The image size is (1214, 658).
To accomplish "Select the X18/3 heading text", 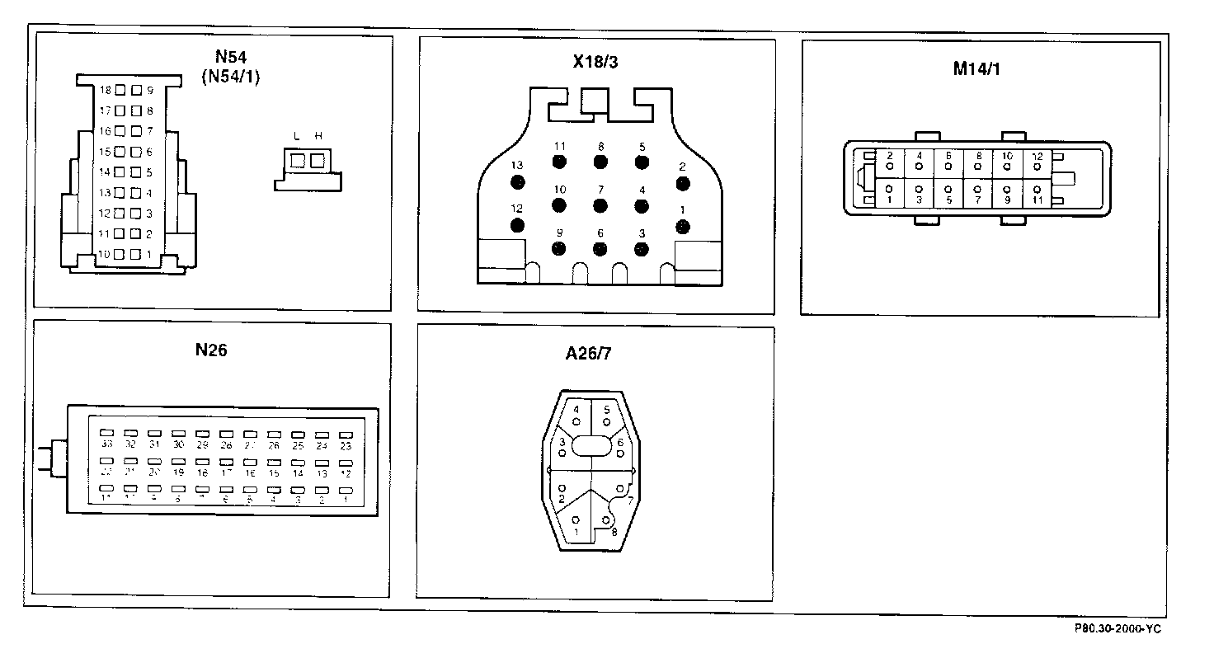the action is click(x=595, y=62).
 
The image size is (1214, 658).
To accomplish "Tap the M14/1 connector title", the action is click(x=976, y=69).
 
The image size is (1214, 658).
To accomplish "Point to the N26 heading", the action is click(x=211, y=350).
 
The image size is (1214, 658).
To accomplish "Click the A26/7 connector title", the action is click(x=588, y=355).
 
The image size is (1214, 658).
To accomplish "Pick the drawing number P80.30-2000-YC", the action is click(x=1118, y=628).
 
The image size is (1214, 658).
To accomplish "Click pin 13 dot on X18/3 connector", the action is click(x=518, y=183).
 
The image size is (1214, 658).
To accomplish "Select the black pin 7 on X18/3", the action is click(x=600, y=205).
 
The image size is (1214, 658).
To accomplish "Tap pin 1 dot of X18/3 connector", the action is click(x=683, y=226).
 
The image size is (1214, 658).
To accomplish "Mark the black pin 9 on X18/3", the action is click(x=559, y=247).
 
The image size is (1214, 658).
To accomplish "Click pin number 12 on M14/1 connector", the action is click(x=1037, y=156).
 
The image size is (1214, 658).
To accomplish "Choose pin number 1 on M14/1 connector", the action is click(x=888, y=200).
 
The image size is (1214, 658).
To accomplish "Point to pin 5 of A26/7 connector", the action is click(x=606, y=421).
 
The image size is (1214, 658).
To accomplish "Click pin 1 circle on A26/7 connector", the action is click(x=576, y=519).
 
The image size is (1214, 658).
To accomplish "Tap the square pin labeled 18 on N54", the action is click(x=120, y=90).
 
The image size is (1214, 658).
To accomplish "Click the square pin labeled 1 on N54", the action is click(x=135, y=255).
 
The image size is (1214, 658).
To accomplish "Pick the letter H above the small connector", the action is click(x=318, y=136).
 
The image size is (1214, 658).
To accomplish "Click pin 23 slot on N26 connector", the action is click(x=346, y=434).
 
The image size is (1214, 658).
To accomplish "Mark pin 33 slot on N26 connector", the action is click(x=106, y=433).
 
